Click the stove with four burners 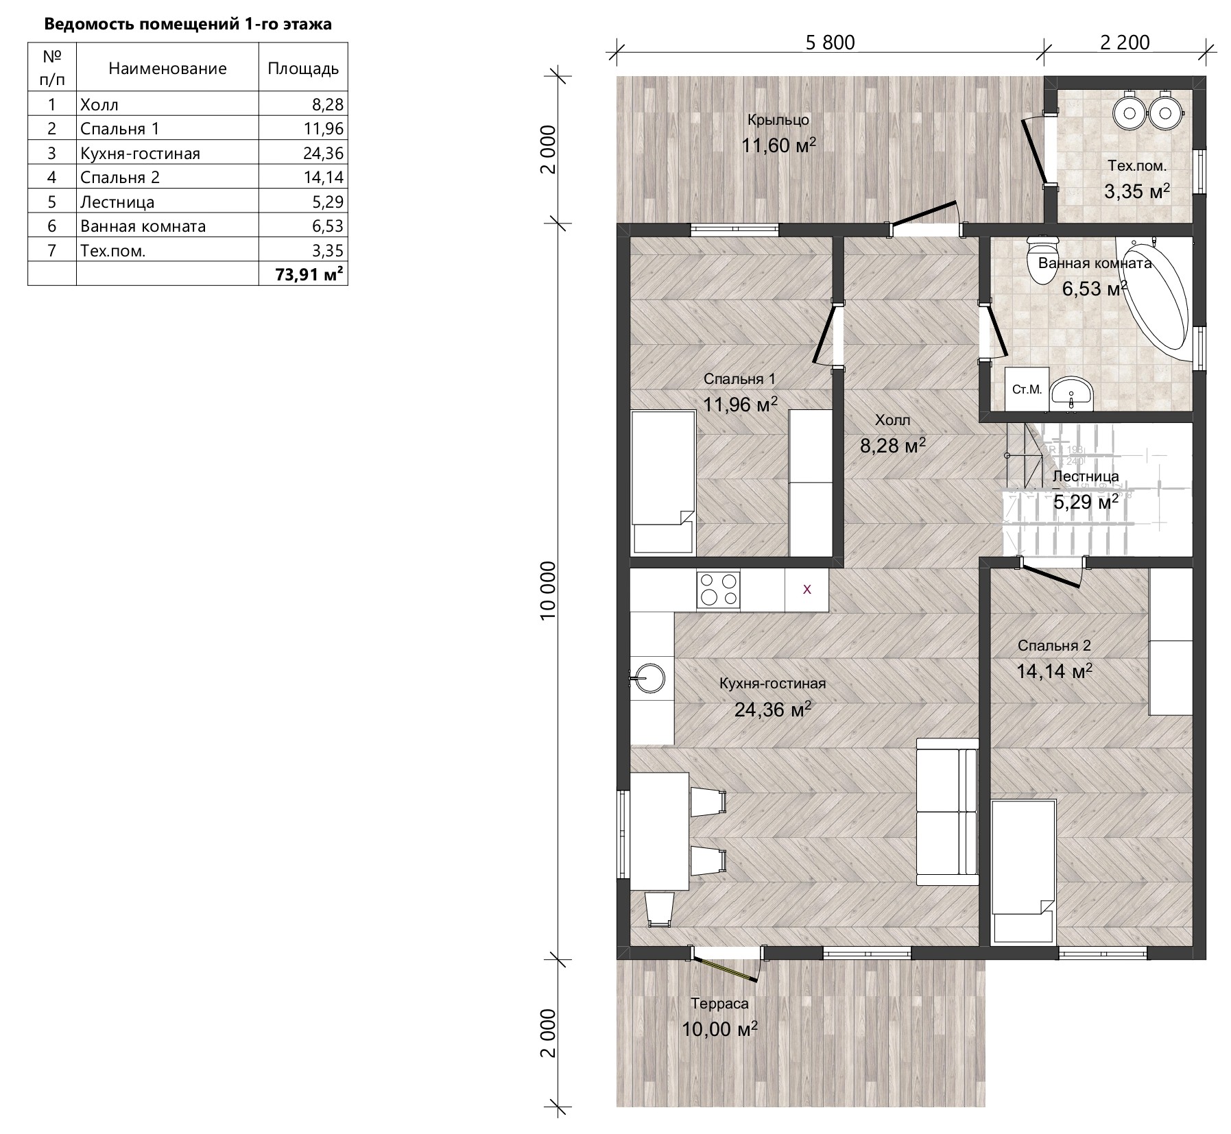[718, 590]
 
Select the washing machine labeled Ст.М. [1027, 389]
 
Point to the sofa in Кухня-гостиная [947, 812]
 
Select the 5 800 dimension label [830, 43]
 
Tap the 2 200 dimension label [1125, 43]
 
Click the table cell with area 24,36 [303, 153]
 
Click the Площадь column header [303, 68]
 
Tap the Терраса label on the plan [719, 1004]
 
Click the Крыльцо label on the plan [778, 120]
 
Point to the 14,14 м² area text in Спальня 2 [1054, 671]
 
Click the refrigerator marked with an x [806, 590]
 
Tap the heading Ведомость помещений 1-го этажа [188, 25]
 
